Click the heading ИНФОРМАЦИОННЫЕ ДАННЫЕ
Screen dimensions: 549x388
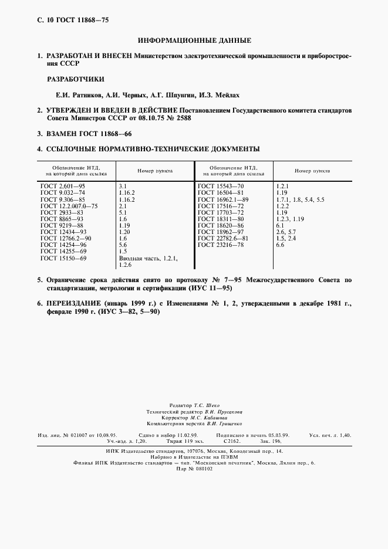[194, 40]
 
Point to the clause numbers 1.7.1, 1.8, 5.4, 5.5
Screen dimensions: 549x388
[299, 199]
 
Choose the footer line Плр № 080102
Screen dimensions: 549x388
[193, 469]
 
